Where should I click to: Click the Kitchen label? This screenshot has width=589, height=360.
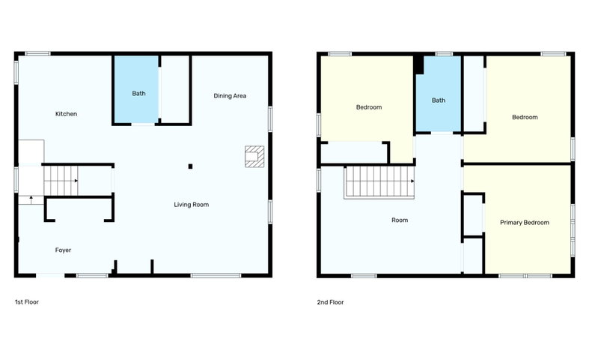66,114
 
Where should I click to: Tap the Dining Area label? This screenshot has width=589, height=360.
230,96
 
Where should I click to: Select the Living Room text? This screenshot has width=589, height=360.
191,205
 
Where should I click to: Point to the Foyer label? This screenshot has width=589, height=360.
63,250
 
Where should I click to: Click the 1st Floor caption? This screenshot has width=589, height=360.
27,301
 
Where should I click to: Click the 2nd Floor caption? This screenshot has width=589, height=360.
330,302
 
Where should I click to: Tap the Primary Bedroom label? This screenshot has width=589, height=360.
525,223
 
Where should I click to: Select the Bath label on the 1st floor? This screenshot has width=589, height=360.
138,94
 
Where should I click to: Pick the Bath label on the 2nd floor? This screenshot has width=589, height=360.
439,100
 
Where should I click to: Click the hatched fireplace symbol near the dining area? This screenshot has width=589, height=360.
254,156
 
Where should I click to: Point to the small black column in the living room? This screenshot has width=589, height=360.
190,166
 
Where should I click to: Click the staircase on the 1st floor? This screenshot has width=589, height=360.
61,181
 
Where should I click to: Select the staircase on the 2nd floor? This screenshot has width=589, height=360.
379,182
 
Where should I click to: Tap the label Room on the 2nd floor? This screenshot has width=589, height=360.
400,220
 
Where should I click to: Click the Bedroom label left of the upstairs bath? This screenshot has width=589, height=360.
369,107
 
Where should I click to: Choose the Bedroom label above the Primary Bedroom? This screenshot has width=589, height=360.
525,117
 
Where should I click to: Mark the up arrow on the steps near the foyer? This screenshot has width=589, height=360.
31,199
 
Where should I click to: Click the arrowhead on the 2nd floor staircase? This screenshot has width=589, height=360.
412,181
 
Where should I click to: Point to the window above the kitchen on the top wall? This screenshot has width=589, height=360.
37,54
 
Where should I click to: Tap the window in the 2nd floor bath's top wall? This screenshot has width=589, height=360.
444,54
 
